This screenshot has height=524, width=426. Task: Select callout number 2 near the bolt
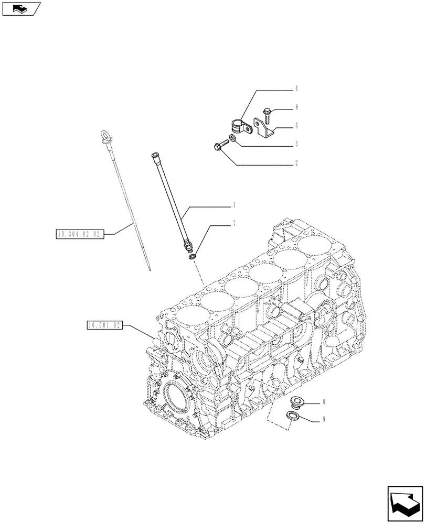pos(296,163)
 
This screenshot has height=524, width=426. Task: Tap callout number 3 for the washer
pos(296,144)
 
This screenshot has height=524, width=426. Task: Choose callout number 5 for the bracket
pos(296,126)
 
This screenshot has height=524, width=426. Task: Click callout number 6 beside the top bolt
pos(296,107)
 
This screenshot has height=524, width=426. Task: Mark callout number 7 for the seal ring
pos(234,224)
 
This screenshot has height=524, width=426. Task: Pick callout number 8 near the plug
pos(324,402)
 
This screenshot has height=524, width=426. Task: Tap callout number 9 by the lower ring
pos(324,419)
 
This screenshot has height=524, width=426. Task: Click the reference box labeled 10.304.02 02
pos(80,234)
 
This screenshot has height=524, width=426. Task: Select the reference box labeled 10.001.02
pos(103,325)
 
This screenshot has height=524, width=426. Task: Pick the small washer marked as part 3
pos(232,138)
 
